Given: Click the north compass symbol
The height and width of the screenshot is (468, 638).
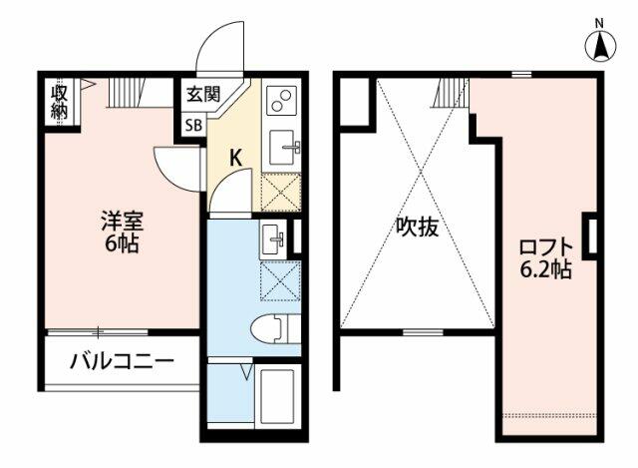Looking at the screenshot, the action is tap(601, 46).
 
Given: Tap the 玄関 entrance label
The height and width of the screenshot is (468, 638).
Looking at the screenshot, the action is tap(203, 94).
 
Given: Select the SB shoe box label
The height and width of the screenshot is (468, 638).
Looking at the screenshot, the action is tap(194, 126).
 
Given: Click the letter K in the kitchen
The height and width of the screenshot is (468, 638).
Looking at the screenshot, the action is tap(235, 158).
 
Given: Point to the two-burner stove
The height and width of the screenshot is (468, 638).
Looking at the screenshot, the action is tap(281, 100).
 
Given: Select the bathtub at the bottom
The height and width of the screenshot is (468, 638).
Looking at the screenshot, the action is tap(278, 396).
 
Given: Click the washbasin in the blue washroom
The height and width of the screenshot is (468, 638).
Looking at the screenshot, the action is tap(273, 238).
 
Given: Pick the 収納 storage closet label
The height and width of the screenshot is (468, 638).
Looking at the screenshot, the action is tap(59, 102).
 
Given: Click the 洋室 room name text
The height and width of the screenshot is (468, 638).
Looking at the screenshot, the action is tap(122, 222).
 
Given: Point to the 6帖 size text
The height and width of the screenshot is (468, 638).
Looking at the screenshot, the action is tap(122, 243).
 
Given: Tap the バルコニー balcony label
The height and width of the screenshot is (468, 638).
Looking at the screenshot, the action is tap(122, 361).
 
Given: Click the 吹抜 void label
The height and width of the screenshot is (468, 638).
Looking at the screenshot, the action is tap(418, 227).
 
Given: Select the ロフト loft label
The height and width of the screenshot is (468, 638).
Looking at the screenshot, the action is tap(546, 247).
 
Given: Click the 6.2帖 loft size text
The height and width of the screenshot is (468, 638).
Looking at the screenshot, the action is tap(546, 269).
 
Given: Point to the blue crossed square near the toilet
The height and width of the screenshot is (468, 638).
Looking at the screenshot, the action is tap(280, 281).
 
